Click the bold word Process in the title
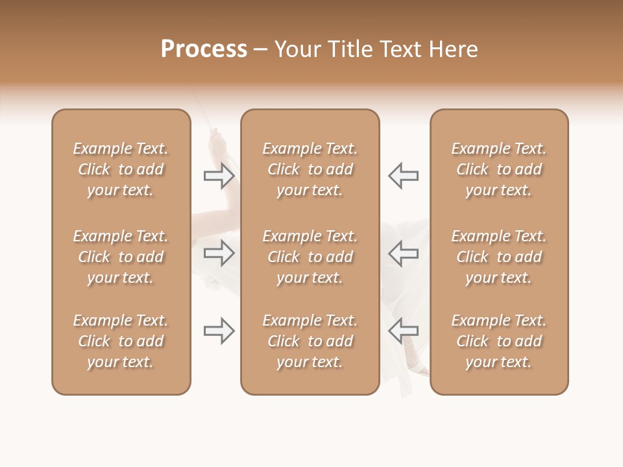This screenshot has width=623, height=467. (204, 49)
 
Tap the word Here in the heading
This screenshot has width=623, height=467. (454, 49)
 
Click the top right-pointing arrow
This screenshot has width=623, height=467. (219, 176)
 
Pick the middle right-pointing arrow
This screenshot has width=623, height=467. (219, 253)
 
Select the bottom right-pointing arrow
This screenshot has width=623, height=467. (219, 331)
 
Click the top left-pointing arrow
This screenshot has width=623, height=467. (403, 176)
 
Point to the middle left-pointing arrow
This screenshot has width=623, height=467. (403, 253)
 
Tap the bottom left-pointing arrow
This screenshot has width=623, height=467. (403, 331)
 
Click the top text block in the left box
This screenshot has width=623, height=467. (121, 169)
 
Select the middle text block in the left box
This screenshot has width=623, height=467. (121, 257)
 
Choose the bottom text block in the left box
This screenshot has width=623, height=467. (121, 341)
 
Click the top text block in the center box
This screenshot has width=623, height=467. (310, 169)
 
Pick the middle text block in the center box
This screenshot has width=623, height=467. (310, 257)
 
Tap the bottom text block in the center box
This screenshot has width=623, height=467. (310, 341)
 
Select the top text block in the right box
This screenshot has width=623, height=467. (498, 169)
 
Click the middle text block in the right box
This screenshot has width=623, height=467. (498, 257)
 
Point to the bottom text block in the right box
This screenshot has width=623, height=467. (498, 341)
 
